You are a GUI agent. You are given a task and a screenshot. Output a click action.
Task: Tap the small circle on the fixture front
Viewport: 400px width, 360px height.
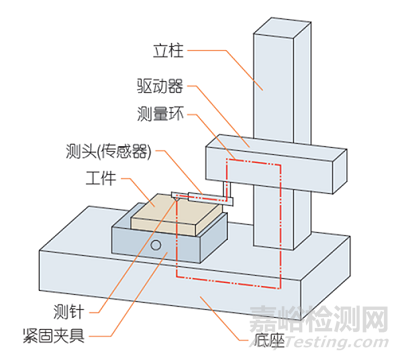(156, 244)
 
